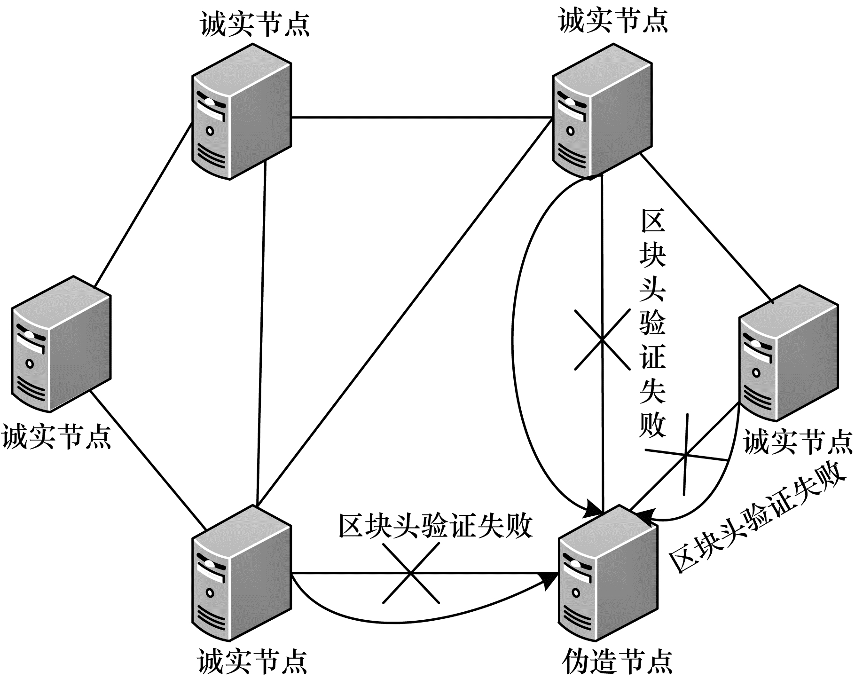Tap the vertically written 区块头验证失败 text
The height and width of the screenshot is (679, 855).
pos(652,324)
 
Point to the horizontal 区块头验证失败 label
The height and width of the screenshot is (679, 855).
pos(435,525)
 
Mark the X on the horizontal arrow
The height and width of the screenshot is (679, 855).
pos(411,573)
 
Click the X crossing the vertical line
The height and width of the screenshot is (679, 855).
pos(602,339)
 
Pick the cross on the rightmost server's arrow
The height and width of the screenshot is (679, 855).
pos(685,455)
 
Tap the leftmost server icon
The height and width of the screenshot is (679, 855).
pos(61,344)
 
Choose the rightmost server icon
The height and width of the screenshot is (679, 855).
pos(788,353)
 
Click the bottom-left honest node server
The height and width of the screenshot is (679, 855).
pos(241,573)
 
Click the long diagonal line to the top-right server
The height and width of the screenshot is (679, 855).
pos(404,310)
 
